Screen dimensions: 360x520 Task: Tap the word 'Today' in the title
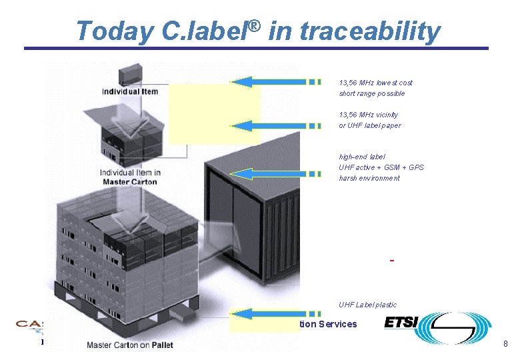111,31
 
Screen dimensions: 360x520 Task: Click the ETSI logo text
401,323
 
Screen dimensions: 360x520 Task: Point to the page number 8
505,344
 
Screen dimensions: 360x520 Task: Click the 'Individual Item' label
130,91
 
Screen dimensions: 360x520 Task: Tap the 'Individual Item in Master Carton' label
130,177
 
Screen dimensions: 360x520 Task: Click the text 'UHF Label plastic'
367,305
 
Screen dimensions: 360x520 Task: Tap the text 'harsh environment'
369,178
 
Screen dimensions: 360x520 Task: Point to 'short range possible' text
372,93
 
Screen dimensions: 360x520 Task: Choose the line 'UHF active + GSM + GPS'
381,167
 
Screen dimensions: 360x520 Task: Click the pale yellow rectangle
213,113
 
